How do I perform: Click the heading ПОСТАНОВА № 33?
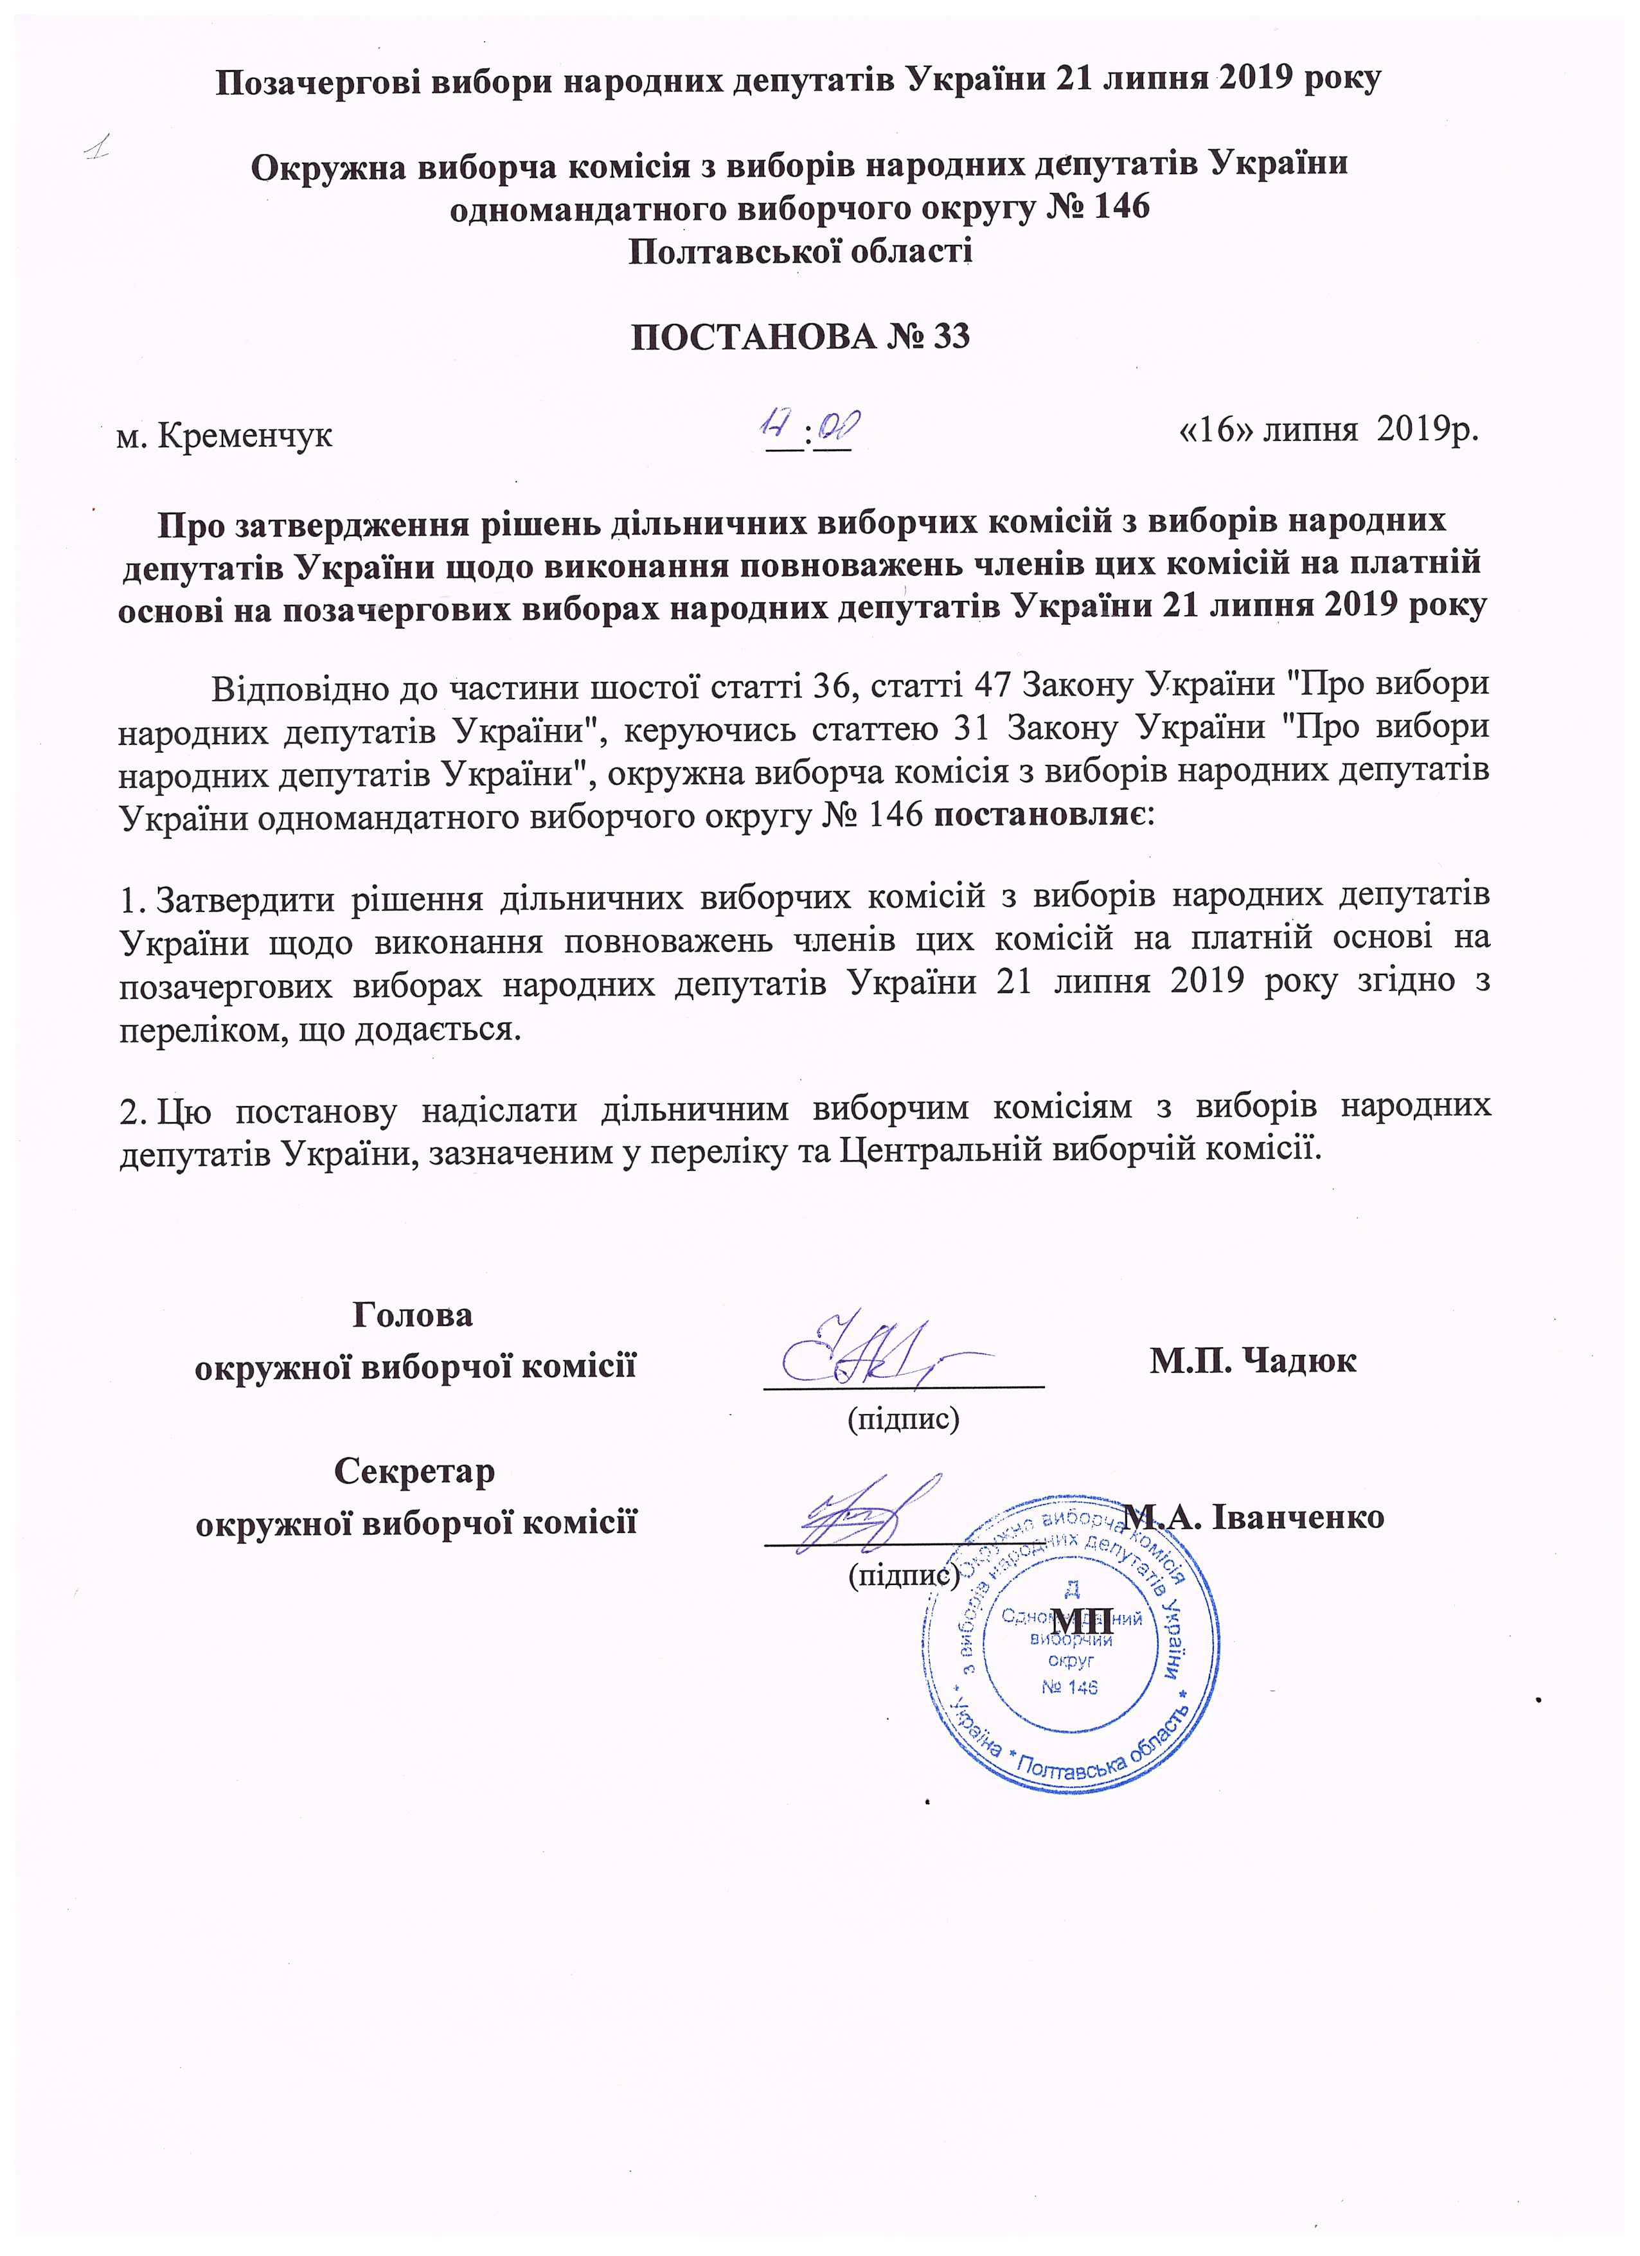[801, 337]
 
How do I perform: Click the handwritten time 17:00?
[808, 430]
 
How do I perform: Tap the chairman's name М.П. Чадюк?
[1253, 1360]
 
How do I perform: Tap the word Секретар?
[414, 1471]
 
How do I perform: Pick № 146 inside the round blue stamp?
[1069, 1687]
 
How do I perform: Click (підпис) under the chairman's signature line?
[902, 1419]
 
